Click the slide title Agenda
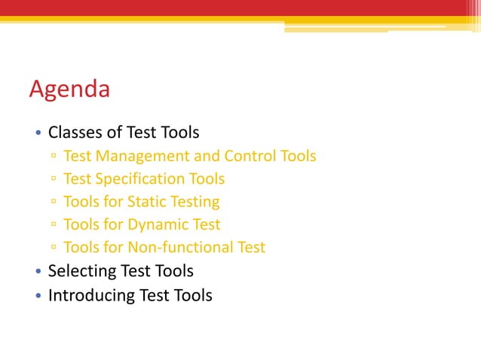pyautogui.click(x=69, y=90)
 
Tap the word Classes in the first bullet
pyautogui.click(x=75, y=133)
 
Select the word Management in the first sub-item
pyautogui.click(x=138, y=157)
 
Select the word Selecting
pyautogui.click(x=79, y=270)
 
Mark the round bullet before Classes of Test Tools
pyautogui.click(x=38, y=134)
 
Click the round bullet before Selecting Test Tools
pyautogui.click(x=38, y=272)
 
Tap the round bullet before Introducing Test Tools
pyautogui.click(x=38, y=296)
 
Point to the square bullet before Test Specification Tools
pyautogui.click(x=54, y=180)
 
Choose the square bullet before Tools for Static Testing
pyautogui.click(x=54, y=203)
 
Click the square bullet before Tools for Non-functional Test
pyautogui.click(x=54, y=248)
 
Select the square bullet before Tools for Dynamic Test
pyautogui.click(x=54, y=225)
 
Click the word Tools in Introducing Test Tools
pyautogui.click(x=192, y=295)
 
